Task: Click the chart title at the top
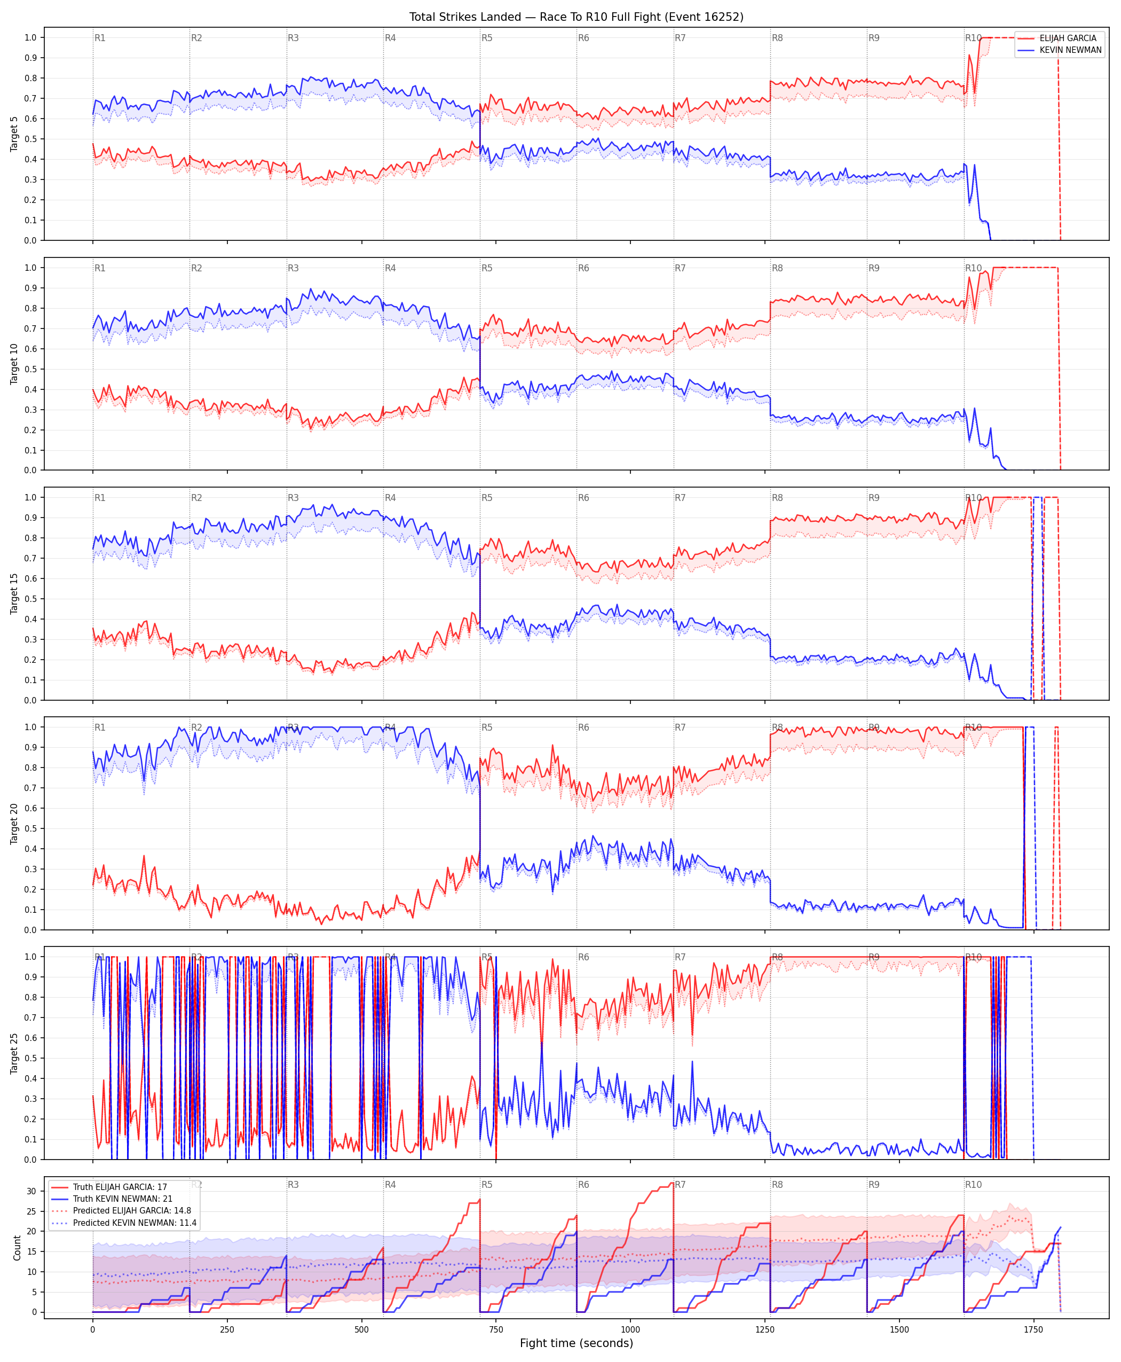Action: click(x=576, y=17)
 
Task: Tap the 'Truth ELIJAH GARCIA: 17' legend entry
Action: click(x=120, y=1187)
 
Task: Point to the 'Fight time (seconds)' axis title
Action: click(x=576, y=1343)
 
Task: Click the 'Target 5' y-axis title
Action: click(x=14, y=134)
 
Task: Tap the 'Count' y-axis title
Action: click(x=17, y=1248)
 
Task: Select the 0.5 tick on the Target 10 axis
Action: click(x=30, y=369)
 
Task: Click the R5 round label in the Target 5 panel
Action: click(x=487, y=38)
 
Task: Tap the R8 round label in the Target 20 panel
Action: click(x=777, y=727)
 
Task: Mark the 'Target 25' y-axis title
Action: click(x=14, y=1053)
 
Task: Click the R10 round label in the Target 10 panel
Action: click(x=974, y=268)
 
